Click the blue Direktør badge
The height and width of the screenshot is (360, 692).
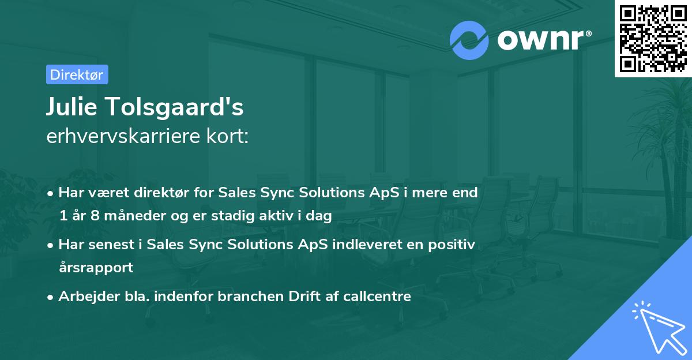pyautogui.click(x=77, y=74)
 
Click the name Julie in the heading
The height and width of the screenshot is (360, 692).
pyautogui.click(x=72, y=106)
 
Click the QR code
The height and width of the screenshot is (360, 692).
pyautogui.click(x=653, y=39)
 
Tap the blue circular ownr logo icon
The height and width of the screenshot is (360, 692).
pyautogui.click(x=469, y=40)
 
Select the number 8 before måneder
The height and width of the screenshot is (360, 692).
pyautogui.click(x=95, y=215)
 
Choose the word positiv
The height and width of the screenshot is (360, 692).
pyautogui.click(x=452, y=245)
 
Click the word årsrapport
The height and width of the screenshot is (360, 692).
pyautogui.click(x=96, y=268)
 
